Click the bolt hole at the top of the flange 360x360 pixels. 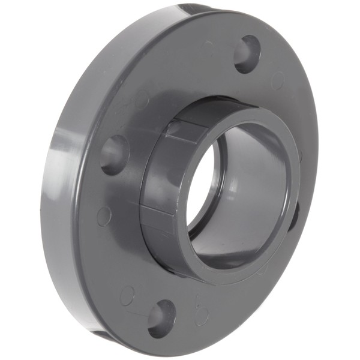[x=247, y=54]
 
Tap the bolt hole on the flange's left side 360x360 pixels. [x=115, y=154]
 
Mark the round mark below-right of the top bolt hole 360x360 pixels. [x=277, y=80]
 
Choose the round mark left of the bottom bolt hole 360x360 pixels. [x=127, y=295]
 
